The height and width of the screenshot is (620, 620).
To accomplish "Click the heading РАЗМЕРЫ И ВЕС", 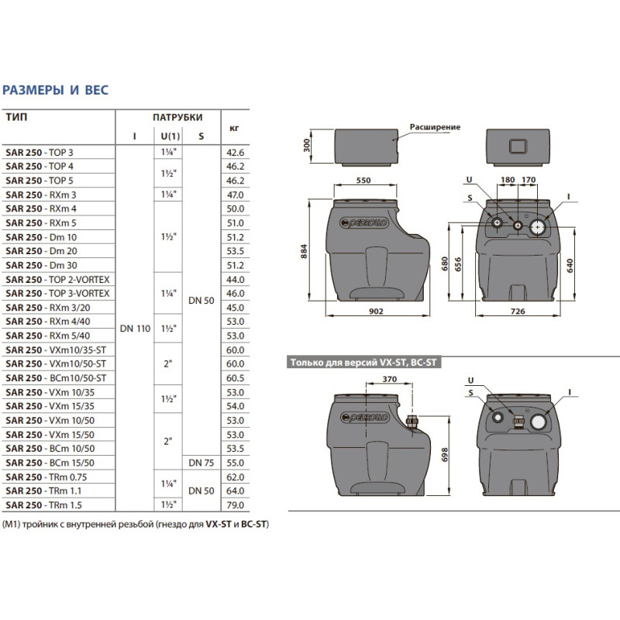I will pyautogui.click(x=56, y=90).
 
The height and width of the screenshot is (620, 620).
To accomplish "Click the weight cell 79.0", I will pyautogui.click(x=234, y=505).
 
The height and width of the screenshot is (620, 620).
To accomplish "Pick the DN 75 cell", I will pyautogui.click(x=201, y=463).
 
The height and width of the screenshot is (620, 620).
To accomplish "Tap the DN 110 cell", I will pyautogui.click(x=134, y=329).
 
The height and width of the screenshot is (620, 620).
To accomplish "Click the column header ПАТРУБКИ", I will pyautogui.click(x=177, y=118).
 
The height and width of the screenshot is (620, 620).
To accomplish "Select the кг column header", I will pyautogui.click(x=234, y=127).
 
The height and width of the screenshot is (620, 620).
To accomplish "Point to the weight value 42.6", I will pyautogui.click(x=234, y=153).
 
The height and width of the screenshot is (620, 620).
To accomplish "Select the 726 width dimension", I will pyautogui.click(x=519, y=312).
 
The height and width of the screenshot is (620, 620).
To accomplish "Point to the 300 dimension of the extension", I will pyautogui.click(x=307, y=145).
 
